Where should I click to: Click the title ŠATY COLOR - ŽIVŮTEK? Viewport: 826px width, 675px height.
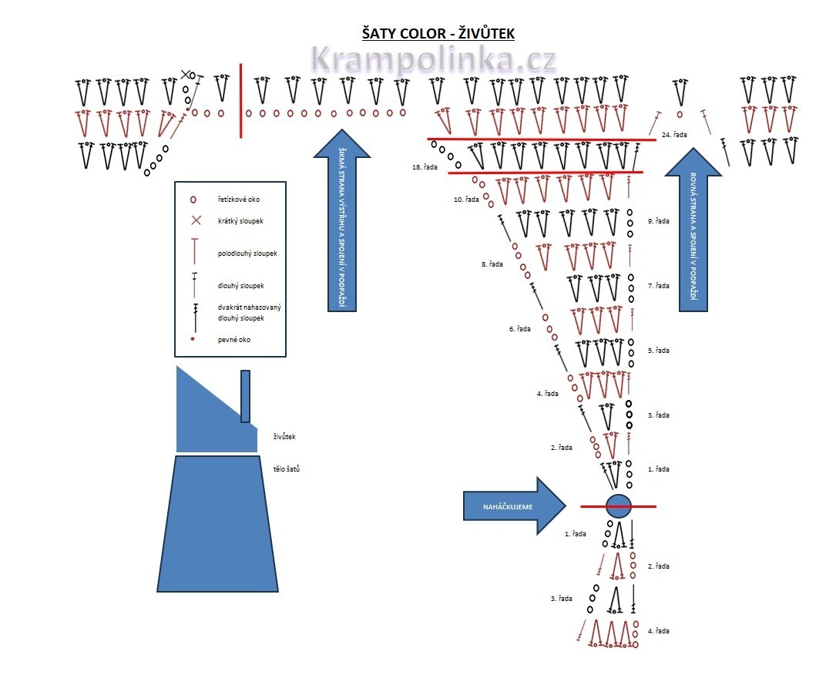[x=438, y=34]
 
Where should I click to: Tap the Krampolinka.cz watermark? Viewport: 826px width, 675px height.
[x=434, y=60]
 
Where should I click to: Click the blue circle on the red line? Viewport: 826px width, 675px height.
[x=618, y=506]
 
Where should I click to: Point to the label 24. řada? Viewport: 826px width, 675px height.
[x=674, y=135]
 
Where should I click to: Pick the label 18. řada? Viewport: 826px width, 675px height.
[x=425, y=166]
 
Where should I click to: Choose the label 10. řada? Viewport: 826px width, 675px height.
[x=466, y=200]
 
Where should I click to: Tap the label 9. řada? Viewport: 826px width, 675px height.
[x=658, y=221]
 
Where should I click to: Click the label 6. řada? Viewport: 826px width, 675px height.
[x=519, y=329]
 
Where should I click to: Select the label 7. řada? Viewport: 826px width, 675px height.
[x=658, y=286]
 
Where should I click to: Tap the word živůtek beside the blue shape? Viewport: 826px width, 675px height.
[x=284, y=437]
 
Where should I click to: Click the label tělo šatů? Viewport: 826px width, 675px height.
[x=286, y=468]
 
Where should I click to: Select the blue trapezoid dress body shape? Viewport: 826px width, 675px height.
[x=217, y=524]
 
